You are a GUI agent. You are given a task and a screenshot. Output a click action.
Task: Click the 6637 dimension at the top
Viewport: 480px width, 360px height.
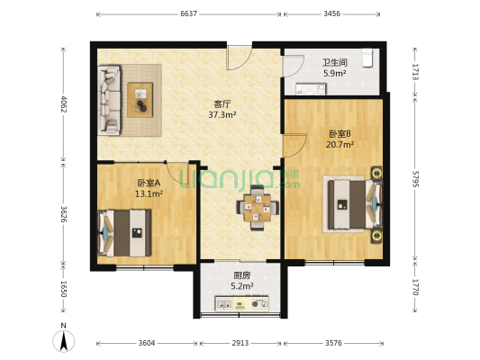(x=188, y=14)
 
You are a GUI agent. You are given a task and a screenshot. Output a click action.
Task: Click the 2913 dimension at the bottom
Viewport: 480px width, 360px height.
(x=240, y=343)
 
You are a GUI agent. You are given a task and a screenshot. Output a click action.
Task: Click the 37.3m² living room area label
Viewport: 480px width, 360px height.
(x=222, y=114)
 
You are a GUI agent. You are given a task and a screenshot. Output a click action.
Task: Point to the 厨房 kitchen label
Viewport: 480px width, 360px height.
(x=241, y=275)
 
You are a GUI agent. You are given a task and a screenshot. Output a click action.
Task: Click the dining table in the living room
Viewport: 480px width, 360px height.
(x=258, y=208)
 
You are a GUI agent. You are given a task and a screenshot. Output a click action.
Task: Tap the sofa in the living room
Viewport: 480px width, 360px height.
(x=109, y=99)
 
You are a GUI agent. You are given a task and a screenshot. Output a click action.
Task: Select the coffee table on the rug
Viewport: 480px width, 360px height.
(x=140, y=99)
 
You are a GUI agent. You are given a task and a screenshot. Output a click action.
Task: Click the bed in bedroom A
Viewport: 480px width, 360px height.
(x=124, y=231)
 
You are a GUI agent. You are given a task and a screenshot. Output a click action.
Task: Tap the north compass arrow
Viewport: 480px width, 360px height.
(x=63, y=340)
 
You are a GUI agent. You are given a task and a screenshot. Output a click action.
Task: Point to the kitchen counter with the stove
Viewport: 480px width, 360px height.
(x=241, y=304)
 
